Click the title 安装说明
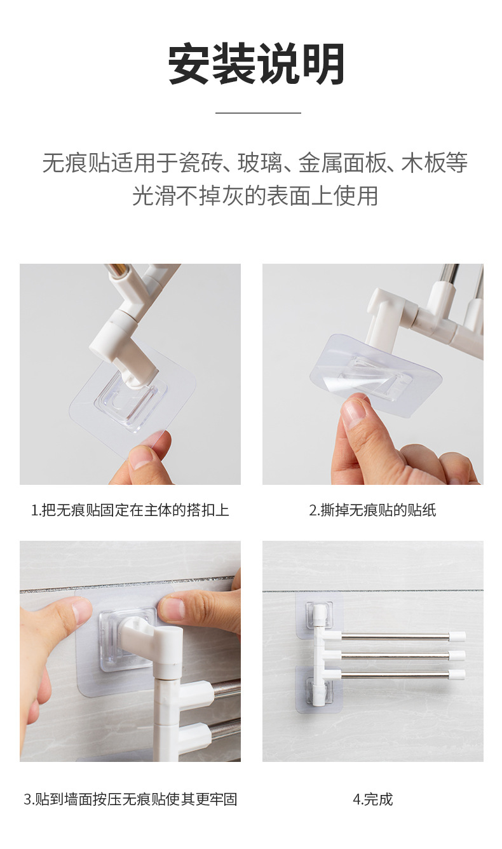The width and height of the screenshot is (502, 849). (257, 65)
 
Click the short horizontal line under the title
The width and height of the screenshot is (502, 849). (257, 113)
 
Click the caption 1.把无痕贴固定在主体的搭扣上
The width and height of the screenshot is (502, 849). (130, 510)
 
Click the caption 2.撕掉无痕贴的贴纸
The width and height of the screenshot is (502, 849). (372, 510)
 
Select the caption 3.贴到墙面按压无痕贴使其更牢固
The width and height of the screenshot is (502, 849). (130, 799)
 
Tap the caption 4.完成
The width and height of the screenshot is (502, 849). (372, 799)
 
